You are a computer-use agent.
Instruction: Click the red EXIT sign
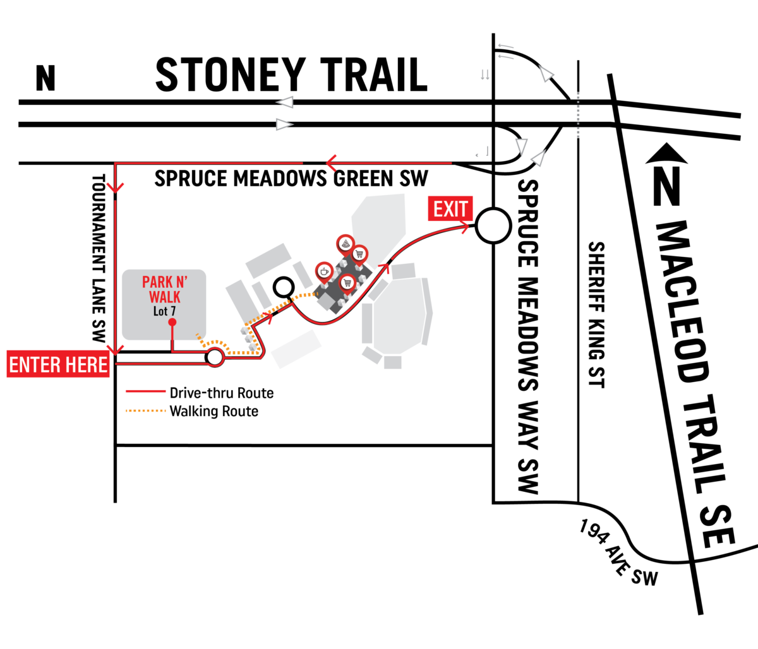click(450, 208)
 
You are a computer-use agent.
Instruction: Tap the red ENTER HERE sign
click(58, 364)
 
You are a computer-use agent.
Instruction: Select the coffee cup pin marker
click(324, 273)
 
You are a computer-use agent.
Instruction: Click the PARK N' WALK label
click(165, 289)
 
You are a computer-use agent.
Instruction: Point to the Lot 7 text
click(164, 311)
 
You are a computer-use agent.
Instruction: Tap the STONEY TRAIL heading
click(292, 74)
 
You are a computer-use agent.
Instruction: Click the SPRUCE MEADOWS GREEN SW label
click(291, 179)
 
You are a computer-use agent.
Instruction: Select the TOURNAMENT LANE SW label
click(99, 258)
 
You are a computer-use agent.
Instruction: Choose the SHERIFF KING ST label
click(596, 314)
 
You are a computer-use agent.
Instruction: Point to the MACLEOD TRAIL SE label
click(694, 384)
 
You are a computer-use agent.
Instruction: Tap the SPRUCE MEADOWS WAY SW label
click(528, 336)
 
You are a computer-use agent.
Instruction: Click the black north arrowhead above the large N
click(666, 153)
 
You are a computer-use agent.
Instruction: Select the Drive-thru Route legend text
click(222, 393)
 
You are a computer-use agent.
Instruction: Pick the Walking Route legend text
click(214, 412)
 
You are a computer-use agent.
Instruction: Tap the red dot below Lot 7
click(172, 322)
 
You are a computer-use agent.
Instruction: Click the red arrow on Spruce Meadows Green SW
click(332, 163)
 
